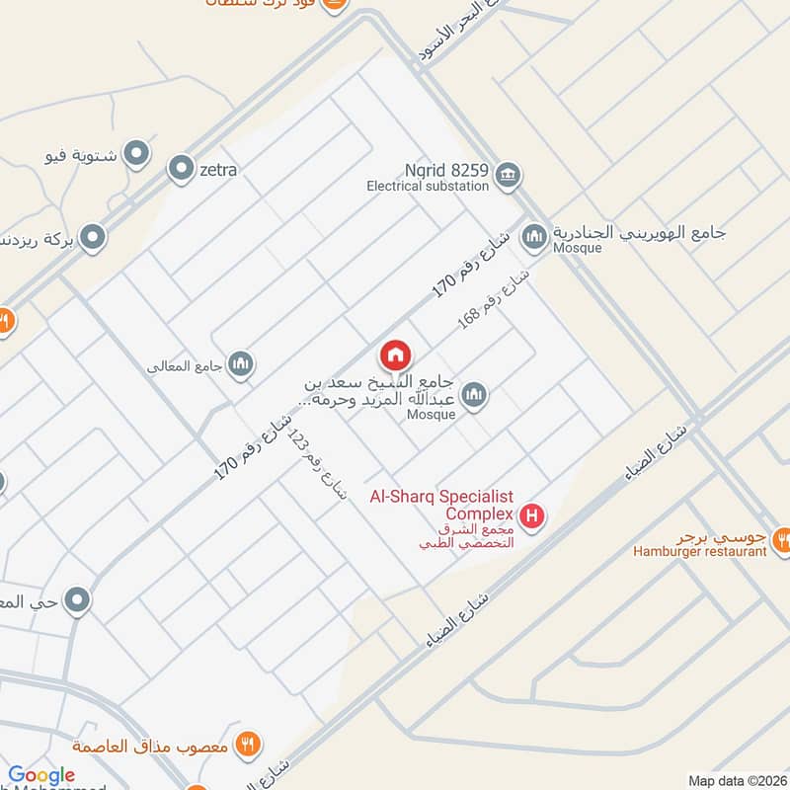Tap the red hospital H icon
(x=532, y=515)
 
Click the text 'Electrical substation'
(x=428, y=186)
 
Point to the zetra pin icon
(x=181, y=170)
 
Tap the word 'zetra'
(x=218, y=170)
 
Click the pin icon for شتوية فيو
(x=137, y=154)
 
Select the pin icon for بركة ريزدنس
(x=93, y=237)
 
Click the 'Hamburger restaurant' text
(x=700, y=552)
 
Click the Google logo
(x=41, y=776)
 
